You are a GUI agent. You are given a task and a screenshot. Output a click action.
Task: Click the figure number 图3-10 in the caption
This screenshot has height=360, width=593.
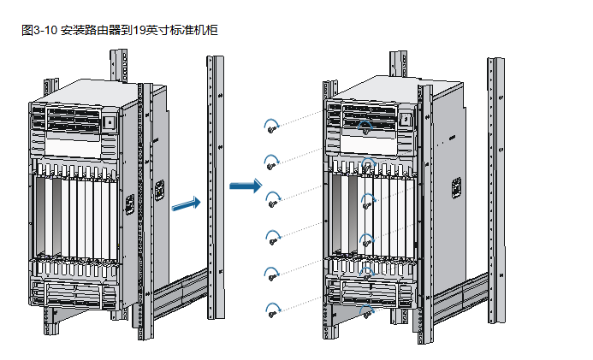coord(39,31)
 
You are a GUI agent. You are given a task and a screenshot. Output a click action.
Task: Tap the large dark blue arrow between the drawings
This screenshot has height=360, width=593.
coord(246,186)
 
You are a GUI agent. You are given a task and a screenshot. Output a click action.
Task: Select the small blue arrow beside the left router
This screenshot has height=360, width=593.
coord(186,204)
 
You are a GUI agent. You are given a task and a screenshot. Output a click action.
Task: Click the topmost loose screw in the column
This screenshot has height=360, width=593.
coord(272,130)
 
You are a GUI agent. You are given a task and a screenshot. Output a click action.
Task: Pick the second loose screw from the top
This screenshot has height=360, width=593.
coord(272,166)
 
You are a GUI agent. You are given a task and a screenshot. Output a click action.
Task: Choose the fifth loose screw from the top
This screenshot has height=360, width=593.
coord(273,276)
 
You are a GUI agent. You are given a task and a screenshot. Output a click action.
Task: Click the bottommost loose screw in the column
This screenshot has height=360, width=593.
coord(272,314)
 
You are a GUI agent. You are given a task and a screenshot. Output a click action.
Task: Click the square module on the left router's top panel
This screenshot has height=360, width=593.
coord(110,122)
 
